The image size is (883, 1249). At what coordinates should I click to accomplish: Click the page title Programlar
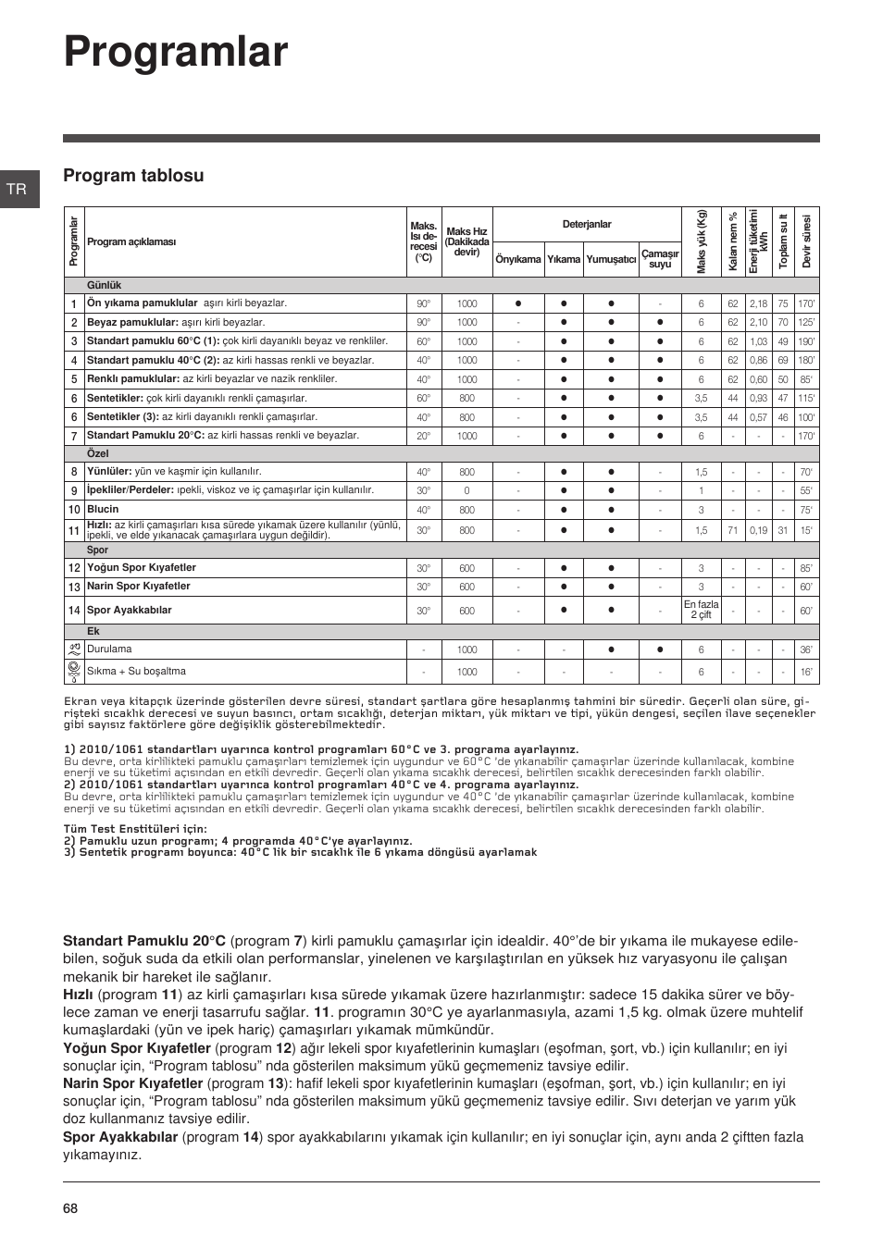point(176,53)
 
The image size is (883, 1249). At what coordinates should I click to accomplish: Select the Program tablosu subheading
point(133,176)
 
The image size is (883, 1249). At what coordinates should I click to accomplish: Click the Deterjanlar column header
point(587,225)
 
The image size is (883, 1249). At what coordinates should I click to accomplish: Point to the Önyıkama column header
point(517,260)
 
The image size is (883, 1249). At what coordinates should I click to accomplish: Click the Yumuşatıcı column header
point(611,260)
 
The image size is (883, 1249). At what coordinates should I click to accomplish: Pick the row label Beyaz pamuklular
point(132,323)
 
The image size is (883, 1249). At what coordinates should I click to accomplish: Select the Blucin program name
point(103,510)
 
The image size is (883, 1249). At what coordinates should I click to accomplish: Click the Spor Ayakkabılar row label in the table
point(130,611)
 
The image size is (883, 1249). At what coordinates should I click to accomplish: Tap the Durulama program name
point(109,649)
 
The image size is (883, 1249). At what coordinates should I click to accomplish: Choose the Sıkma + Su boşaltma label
point(136,672)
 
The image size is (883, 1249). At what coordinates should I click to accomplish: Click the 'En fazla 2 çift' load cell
point(701,611)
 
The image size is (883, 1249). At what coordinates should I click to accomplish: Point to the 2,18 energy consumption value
point(758,303)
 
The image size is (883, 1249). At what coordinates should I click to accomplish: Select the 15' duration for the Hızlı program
point(806,531)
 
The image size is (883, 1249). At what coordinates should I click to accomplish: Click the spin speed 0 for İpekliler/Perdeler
point(466,491)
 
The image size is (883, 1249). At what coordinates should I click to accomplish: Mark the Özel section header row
point(97,454)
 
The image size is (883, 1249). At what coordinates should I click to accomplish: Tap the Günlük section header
point(104,286)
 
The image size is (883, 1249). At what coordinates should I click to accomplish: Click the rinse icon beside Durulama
point(74,649)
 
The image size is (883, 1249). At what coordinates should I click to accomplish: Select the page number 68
point(71,1208)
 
